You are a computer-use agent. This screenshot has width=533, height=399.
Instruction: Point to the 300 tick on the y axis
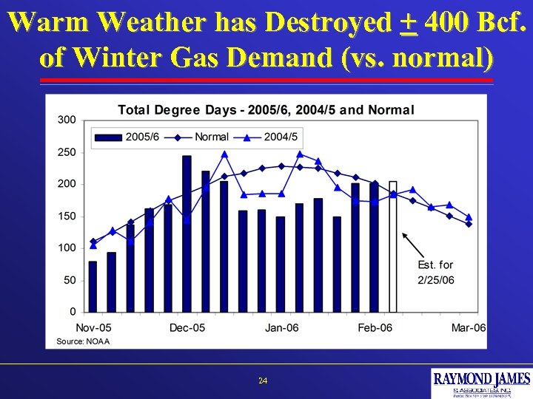click(67, 120)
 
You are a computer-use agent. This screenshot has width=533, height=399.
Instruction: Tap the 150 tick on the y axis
click(67, 216)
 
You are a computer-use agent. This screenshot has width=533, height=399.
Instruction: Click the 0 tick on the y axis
click(72, 311)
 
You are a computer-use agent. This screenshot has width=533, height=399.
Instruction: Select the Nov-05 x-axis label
click(93, 328)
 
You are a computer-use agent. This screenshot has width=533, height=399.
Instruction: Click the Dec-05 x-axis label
click(187, 328)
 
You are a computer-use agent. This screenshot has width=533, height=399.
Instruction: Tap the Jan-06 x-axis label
click(281, 328)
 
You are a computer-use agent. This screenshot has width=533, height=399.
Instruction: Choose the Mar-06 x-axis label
click(469, 328)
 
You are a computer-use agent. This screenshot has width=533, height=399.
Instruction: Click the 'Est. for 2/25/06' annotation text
click(435, 272)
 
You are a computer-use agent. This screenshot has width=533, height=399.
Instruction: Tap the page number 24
click(263, 381)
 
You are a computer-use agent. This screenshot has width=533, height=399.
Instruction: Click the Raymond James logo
click(481, 383)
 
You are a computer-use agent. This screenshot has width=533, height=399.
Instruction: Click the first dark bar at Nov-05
click(93, 286)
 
